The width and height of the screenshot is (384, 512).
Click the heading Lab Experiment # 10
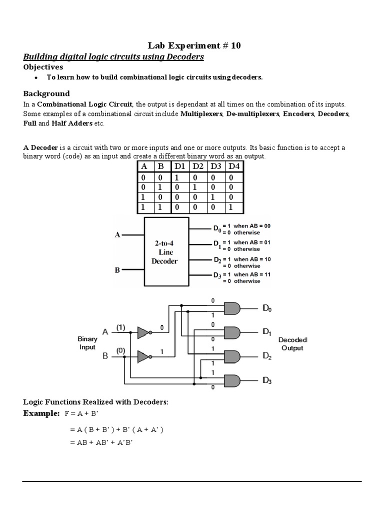pos(194,45)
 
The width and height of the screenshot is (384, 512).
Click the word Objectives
pos(43,67)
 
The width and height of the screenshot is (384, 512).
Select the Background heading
pos(47,93)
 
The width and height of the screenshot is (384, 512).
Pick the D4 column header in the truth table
pos(234,166)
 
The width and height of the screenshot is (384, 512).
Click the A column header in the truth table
pos(143,166)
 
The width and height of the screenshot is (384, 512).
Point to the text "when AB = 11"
pos(253,274)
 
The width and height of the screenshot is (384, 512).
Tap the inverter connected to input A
pos(143,331)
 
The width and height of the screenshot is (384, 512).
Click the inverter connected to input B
pos(143,356)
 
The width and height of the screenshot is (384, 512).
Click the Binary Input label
pos(87,343)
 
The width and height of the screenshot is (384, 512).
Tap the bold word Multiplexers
pos(202,114)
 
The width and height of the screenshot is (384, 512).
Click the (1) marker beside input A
pos(120,327)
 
